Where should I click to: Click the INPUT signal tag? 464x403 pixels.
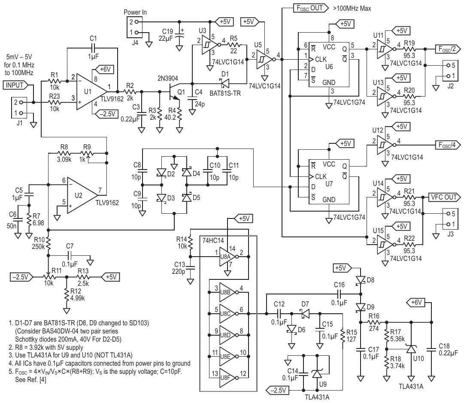[16, 85]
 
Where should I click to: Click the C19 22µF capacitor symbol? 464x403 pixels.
[179, 34]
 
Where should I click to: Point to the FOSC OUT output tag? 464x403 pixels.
[311, 8]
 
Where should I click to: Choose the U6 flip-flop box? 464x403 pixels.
[329, 65]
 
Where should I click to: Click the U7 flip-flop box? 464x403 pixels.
[329, 182]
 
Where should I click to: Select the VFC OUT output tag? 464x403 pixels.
[444, 197]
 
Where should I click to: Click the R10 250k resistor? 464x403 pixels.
[48, 242]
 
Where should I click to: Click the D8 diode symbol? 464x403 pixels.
[361, 280]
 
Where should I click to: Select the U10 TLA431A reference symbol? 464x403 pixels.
[411, 349]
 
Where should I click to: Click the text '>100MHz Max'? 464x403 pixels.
[352, 8]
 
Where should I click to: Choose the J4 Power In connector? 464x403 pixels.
[135, 27]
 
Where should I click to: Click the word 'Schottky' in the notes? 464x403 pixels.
[27, 339]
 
